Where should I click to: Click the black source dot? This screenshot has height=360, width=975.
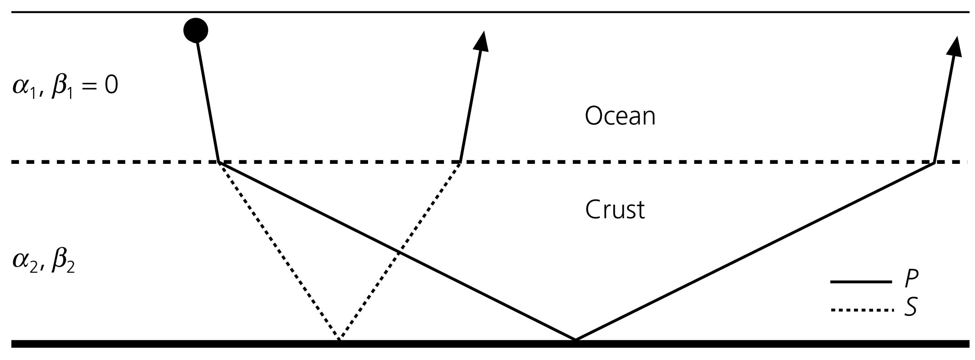196,30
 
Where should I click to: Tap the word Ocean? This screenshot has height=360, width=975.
620,116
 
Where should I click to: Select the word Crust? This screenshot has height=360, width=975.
615,210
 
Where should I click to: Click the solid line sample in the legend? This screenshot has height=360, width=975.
860,282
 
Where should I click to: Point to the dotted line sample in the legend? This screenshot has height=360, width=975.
860,310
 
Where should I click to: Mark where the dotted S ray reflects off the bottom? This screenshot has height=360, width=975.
339,340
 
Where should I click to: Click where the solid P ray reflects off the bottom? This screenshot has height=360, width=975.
576,340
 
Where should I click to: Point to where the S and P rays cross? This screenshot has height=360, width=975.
398,252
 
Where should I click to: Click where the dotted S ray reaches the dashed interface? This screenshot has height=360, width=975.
460,162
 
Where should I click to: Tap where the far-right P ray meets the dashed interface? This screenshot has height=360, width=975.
934,162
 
